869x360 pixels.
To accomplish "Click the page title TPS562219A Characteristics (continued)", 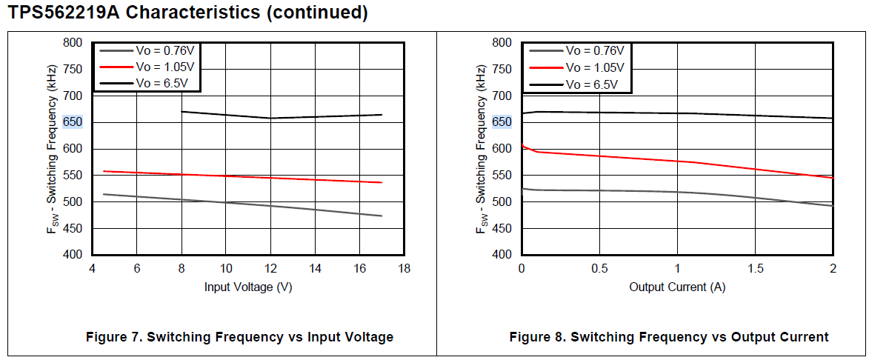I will pos(188,13).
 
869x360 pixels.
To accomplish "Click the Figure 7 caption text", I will pos(240,337).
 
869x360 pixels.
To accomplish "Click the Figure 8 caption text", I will pos(669,337).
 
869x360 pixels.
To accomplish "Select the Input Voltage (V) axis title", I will pos(248,287).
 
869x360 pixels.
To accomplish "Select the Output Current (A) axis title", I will pos(677,287).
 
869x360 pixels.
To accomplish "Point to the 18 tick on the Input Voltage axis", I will pos(404,267).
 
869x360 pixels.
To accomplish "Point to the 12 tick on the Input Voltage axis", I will pos(270,267).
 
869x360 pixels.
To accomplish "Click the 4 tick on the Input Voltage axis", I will pos(92,267).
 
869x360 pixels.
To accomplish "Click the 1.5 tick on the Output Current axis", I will pos(755,267).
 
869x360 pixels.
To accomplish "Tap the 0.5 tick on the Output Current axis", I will pos(599,267).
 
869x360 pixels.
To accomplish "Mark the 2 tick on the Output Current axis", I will pos(833,267).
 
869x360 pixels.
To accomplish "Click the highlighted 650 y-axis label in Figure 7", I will pos(73,122).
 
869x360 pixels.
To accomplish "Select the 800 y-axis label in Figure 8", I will pos(502,43).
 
